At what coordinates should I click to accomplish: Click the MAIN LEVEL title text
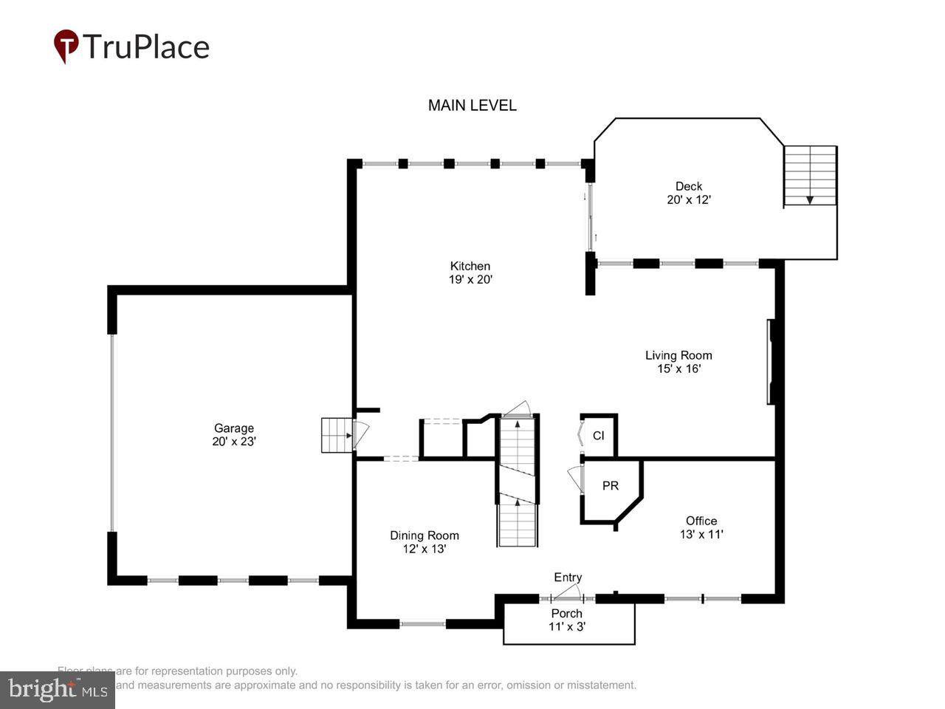[472, 106]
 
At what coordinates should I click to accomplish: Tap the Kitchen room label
[470, 267]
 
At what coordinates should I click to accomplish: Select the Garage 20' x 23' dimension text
[233, 442]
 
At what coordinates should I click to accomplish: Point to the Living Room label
[678, 355]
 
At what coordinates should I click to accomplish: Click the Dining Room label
[425, 535]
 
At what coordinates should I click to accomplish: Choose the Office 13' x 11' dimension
[701, 534]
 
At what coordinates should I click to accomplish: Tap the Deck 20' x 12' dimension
[689, 199]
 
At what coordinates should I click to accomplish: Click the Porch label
[567, 614]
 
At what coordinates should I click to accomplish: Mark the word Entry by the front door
[568, 578]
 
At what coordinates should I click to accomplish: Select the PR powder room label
[611, 486]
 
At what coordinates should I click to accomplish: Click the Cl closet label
[598, 436]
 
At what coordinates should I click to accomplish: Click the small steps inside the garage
[336, 435]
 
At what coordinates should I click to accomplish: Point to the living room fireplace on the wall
[770, 361]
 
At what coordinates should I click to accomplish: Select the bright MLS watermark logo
[57, 690]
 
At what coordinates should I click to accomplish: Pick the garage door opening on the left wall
[112, 433]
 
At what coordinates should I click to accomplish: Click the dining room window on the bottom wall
[422, 624]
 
